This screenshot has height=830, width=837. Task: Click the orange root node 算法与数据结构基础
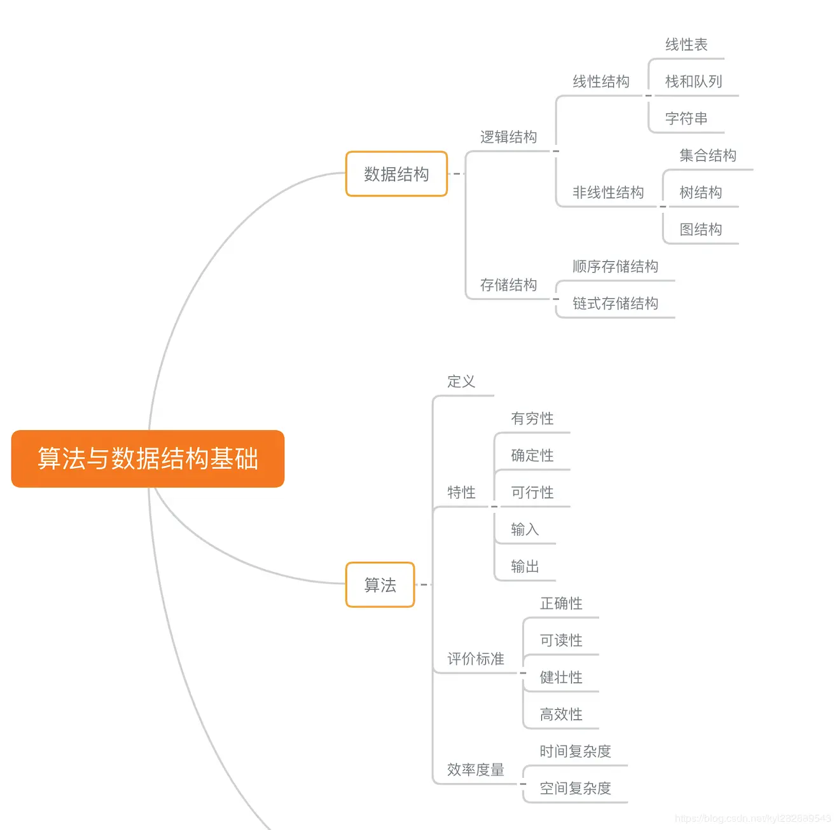148,459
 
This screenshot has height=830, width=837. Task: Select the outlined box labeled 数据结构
396,174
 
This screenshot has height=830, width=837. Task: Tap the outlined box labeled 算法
380,585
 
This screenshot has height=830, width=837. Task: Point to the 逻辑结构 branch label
508,137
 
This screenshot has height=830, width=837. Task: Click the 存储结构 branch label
508,285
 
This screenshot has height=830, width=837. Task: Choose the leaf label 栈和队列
693,81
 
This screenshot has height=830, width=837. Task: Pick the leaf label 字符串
686,119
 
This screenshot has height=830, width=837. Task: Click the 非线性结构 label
608,193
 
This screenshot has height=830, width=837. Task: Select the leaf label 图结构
700,229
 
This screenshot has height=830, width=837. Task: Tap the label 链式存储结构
615,304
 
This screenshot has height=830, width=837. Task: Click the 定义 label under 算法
461,381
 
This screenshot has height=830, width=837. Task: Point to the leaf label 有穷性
532,418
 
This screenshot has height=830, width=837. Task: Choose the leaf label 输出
525,566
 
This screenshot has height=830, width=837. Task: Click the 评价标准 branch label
475,659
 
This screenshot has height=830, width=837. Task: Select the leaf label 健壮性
561,677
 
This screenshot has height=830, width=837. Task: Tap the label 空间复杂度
575,789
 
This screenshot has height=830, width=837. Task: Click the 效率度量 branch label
475,770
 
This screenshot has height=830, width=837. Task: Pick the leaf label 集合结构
707,156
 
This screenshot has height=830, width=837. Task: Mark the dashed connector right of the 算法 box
423,585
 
